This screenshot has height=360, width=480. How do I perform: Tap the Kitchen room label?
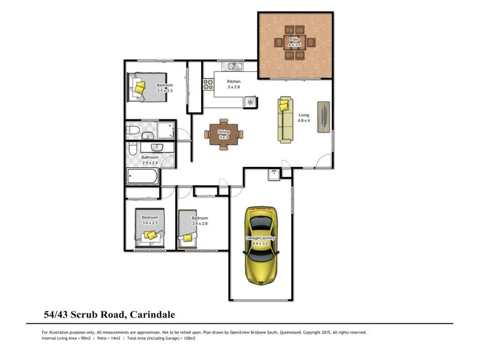tap(233, 82)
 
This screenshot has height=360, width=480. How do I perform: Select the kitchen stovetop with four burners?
tap(209, 85)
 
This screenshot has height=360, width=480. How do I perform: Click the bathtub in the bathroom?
tap(143, 176)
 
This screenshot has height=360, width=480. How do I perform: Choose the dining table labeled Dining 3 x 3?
tap(224, 134)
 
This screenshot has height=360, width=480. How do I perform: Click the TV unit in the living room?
tap(324, 116)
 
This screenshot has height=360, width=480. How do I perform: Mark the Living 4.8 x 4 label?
tap(304, 118)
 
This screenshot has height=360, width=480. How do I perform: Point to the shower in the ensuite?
tap(162, 131)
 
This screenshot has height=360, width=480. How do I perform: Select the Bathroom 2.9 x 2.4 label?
tap(150, 160)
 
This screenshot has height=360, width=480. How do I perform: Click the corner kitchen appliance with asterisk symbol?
tap(250, 103)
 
